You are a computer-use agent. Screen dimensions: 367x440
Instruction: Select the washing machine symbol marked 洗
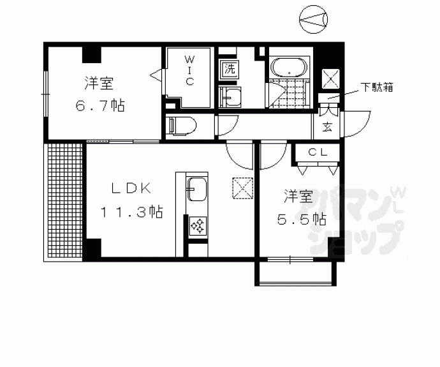(229, 69)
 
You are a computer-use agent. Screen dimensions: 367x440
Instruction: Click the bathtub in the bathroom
(289, 66)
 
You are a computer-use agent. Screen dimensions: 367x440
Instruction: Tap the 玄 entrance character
(327, 126)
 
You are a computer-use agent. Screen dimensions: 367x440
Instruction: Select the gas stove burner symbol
(196, 226)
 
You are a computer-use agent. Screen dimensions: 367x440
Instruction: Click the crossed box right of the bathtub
(330, 79)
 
